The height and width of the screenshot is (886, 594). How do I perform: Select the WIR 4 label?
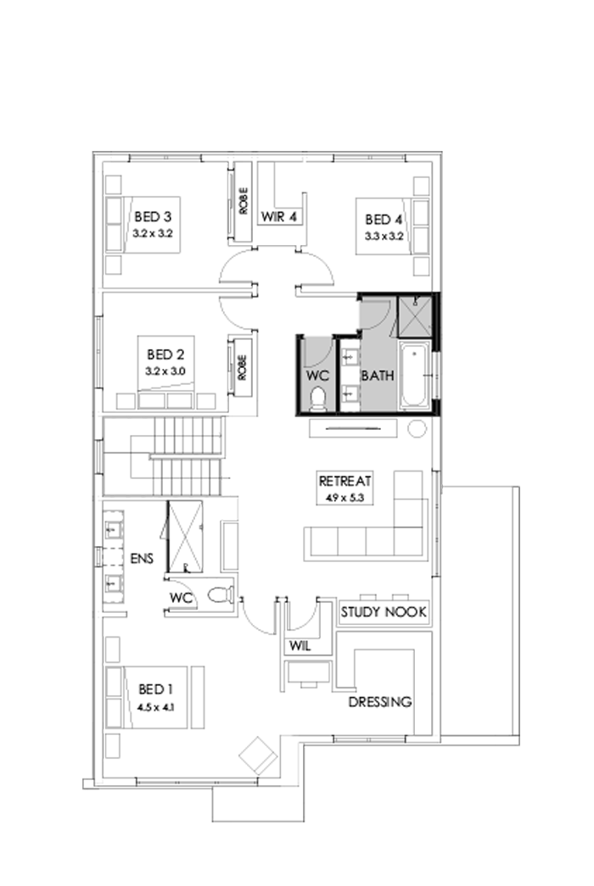(280, 216)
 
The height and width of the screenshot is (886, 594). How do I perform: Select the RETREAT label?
(345, 481)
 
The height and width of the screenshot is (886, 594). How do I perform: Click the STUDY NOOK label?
(383, 612)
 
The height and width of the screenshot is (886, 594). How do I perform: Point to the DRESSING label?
(380, 702)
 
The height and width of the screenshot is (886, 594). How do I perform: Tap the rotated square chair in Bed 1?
(257, 753)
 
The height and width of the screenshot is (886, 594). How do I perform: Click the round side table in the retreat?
(417, 429)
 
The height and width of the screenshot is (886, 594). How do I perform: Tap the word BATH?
(378, 375)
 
